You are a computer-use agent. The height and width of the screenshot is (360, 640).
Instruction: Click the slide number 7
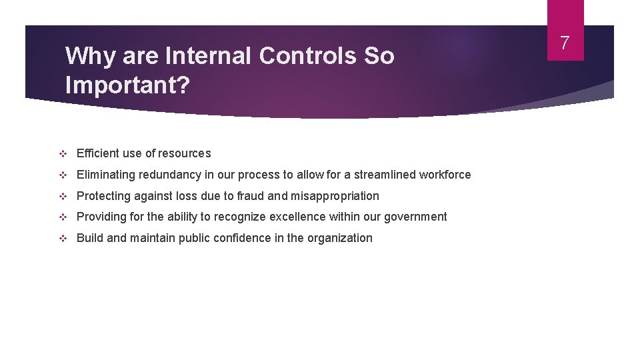565,43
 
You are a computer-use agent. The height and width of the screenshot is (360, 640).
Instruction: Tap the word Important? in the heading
127,85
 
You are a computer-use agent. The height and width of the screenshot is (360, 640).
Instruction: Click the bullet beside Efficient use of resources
63,154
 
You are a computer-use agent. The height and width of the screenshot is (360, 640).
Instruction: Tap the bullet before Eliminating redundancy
63,175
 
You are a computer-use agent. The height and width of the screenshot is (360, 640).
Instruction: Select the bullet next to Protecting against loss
63,197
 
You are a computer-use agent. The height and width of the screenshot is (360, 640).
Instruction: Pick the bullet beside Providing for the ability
63,217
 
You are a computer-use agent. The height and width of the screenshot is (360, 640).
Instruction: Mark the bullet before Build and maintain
63,239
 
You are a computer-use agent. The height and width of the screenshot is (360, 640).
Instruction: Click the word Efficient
97,153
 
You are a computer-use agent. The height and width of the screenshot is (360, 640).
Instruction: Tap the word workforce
445,175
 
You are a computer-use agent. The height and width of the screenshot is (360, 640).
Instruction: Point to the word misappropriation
335,196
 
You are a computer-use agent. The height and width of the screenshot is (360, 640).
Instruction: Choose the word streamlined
385,175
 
